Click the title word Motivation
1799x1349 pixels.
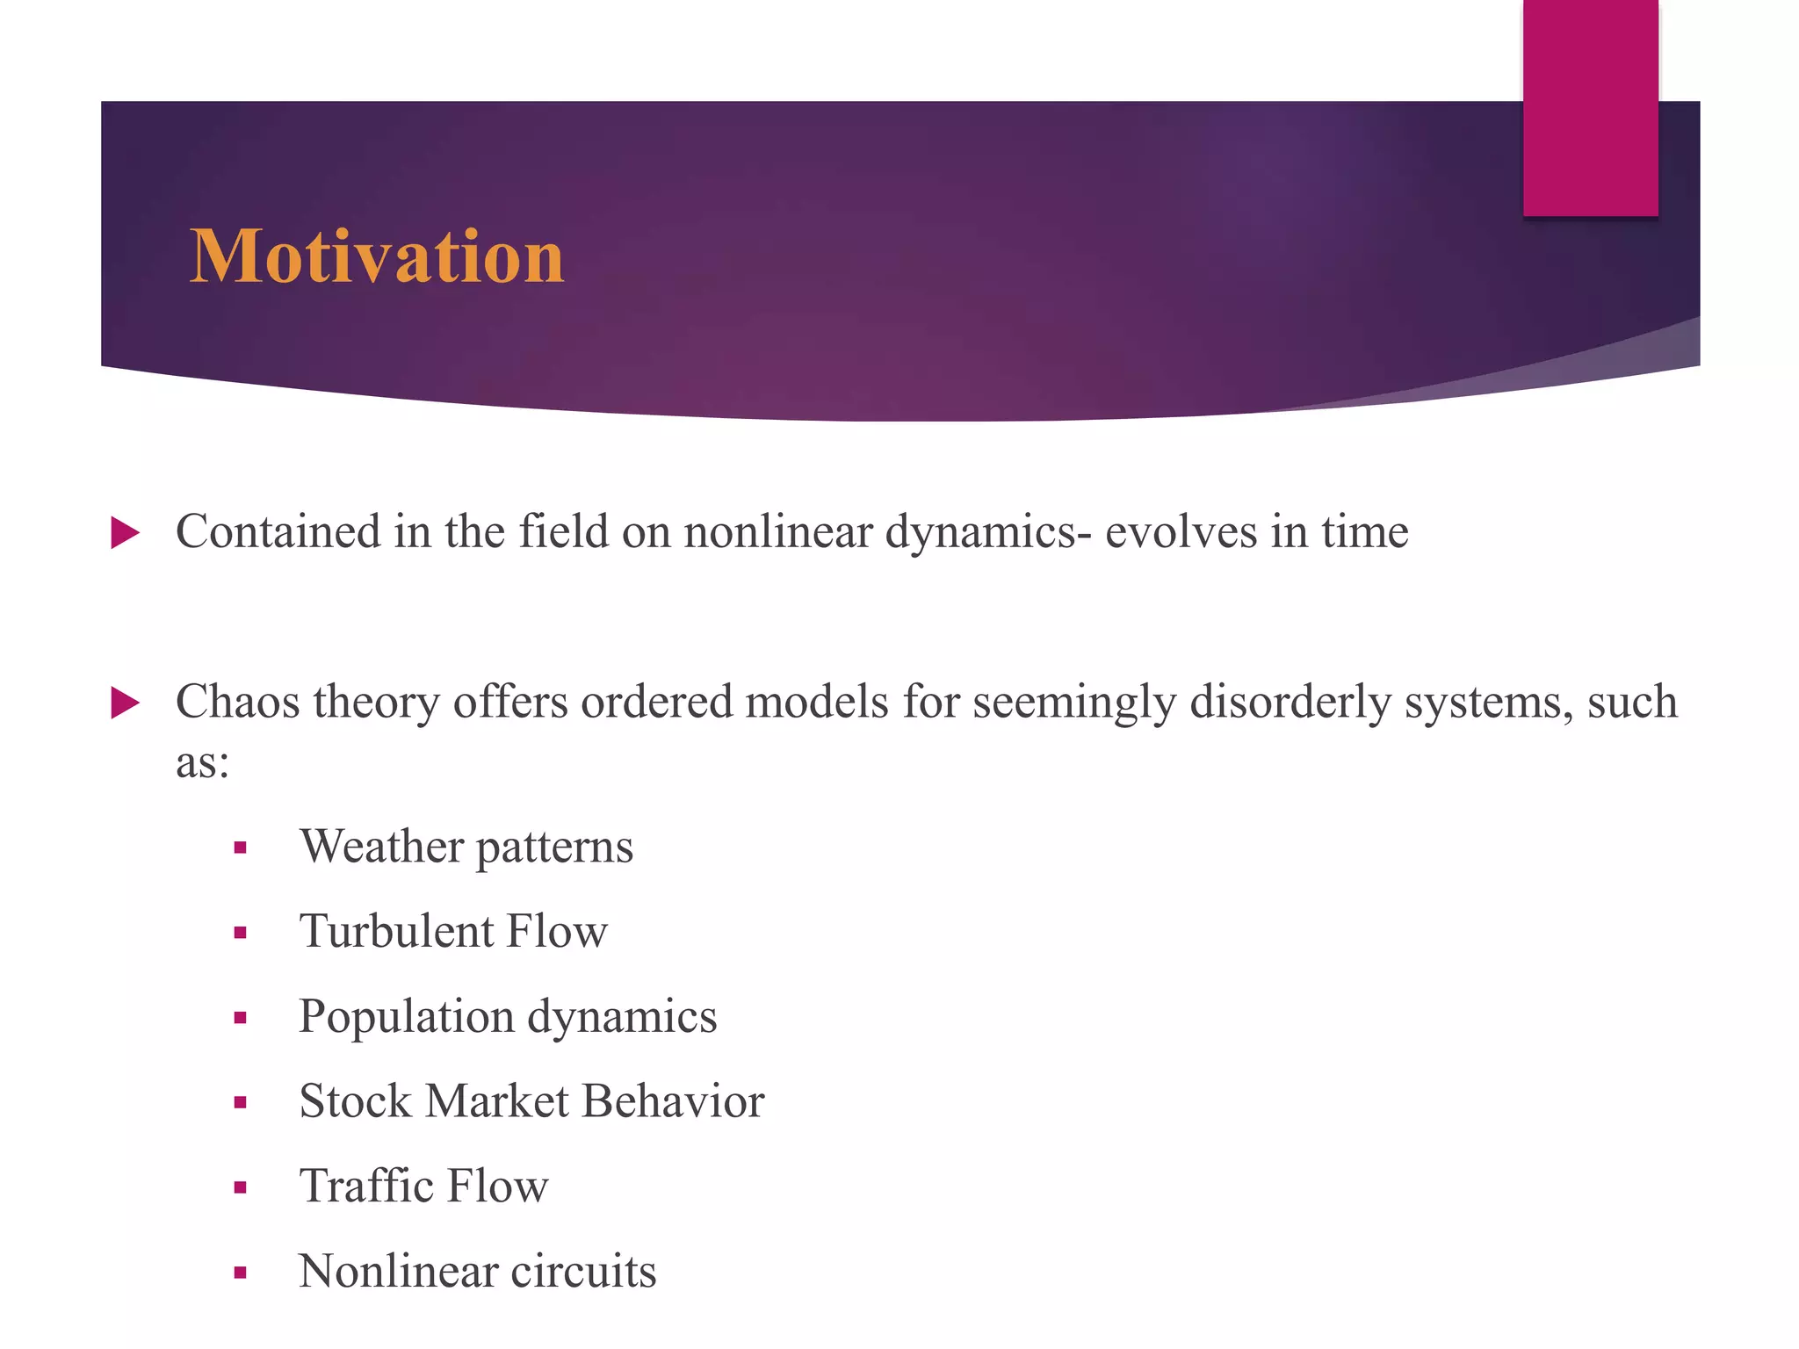[x=377, y=256]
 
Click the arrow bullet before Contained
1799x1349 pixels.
[x=126, y=533]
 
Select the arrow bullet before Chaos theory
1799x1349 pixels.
[x=126, y=703]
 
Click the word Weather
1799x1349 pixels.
[x=381, y=846]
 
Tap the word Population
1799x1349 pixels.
[x=406, y=1017]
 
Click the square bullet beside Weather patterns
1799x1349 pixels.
[x=240, y=848]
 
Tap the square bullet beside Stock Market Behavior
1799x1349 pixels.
[x=240, y=1103]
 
